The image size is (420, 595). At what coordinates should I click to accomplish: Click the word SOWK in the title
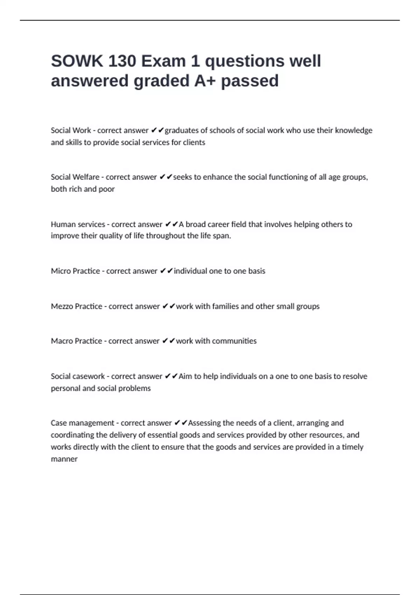(77, 61)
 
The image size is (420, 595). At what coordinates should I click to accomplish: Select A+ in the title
(205, 81)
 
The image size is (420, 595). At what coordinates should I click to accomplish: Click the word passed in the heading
(250, 81)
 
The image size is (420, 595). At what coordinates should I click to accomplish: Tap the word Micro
(61, 271)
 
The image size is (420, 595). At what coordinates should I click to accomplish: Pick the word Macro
(62, 341)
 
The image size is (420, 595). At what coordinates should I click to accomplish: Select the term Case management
(82, 423)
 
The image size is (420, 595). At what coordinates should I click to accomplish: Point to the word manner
(64, 459)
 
